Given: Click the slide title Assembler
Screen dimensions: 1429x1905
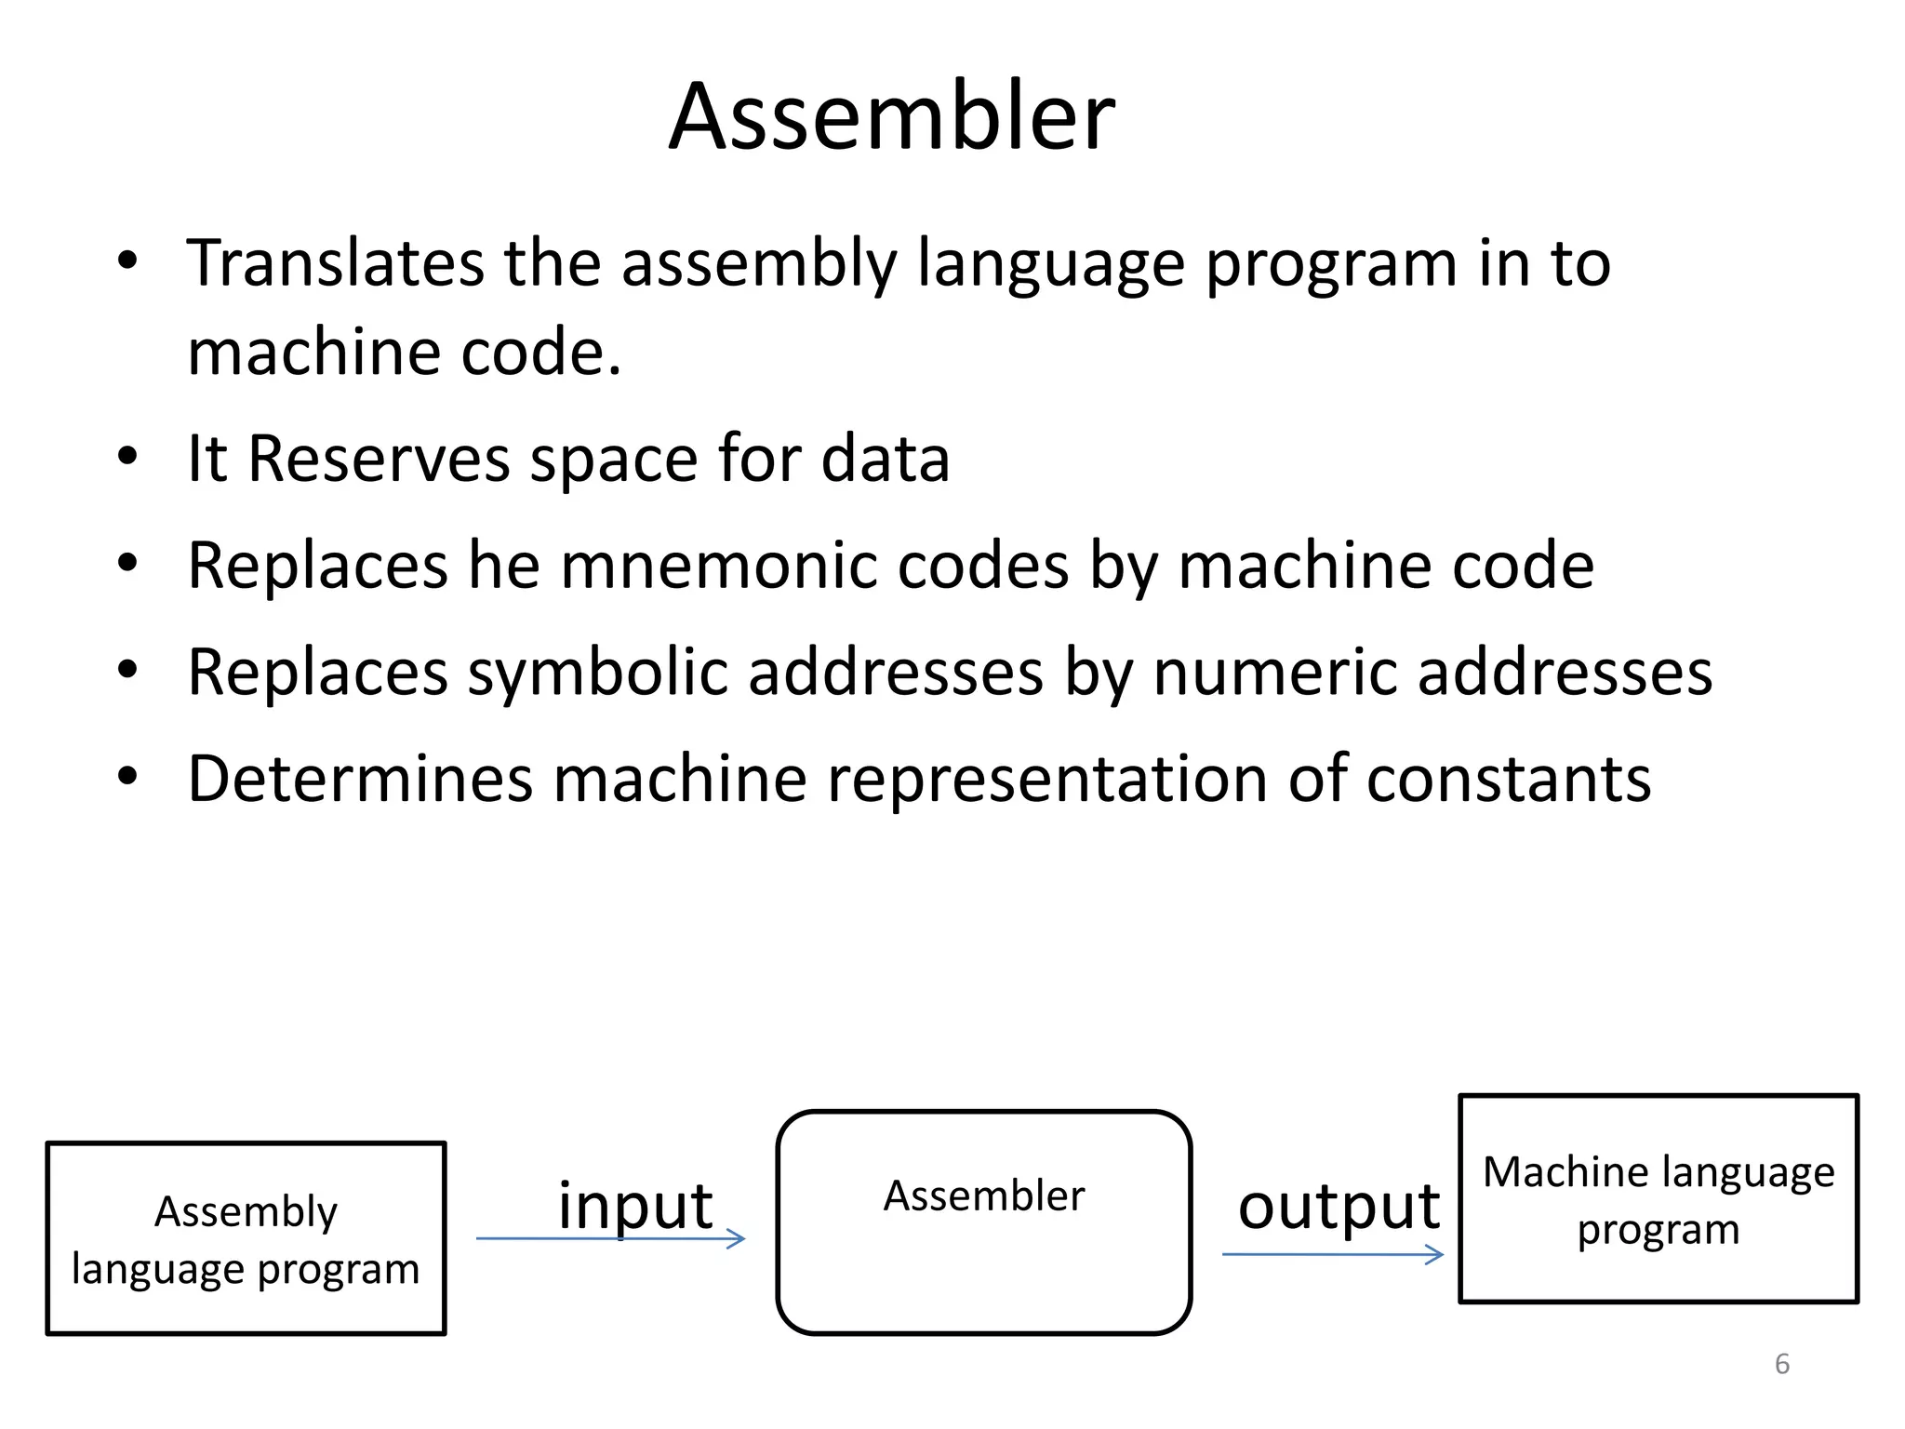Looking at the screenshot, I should pos(891,116).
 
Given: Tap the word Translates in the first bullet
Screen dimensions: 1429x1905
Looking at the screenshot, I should pos(334,263).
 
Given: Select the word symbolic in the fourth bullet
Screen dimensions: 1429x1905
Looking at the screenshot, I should pos(596,672).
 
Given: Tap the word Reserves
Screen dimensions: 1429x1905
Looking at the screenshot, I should pos(379,459).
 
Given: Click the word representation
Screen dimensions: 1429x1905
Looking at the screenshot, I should pos(1046,779).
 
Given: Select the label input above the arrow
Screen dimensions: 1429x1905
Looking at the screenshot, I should pos(634,1206).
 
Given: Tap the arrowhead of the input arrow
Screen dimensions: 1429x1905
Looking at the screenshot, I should pos(738,1238).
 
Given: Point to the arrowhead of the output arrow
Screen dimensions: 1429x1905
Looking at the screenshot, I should pos(1436,1255).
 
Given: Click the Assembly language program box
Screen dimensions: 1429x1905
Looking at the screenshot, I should pos(246,1238).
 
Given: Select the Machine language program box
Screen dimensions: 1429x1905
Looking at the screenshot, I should pos(1658,1198).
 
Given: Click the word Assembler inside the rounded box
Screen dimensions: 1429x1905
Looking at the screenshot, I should pos(983,1196).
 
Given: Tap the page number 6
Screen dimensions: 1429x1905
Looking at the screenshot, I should pos(1781,1364).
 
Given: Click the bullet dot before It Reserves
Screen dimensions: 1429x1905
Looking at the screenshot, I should pos(127,457).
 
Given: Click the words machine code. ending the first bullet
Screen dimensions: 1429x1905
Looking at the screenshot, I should pos(404,354).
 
